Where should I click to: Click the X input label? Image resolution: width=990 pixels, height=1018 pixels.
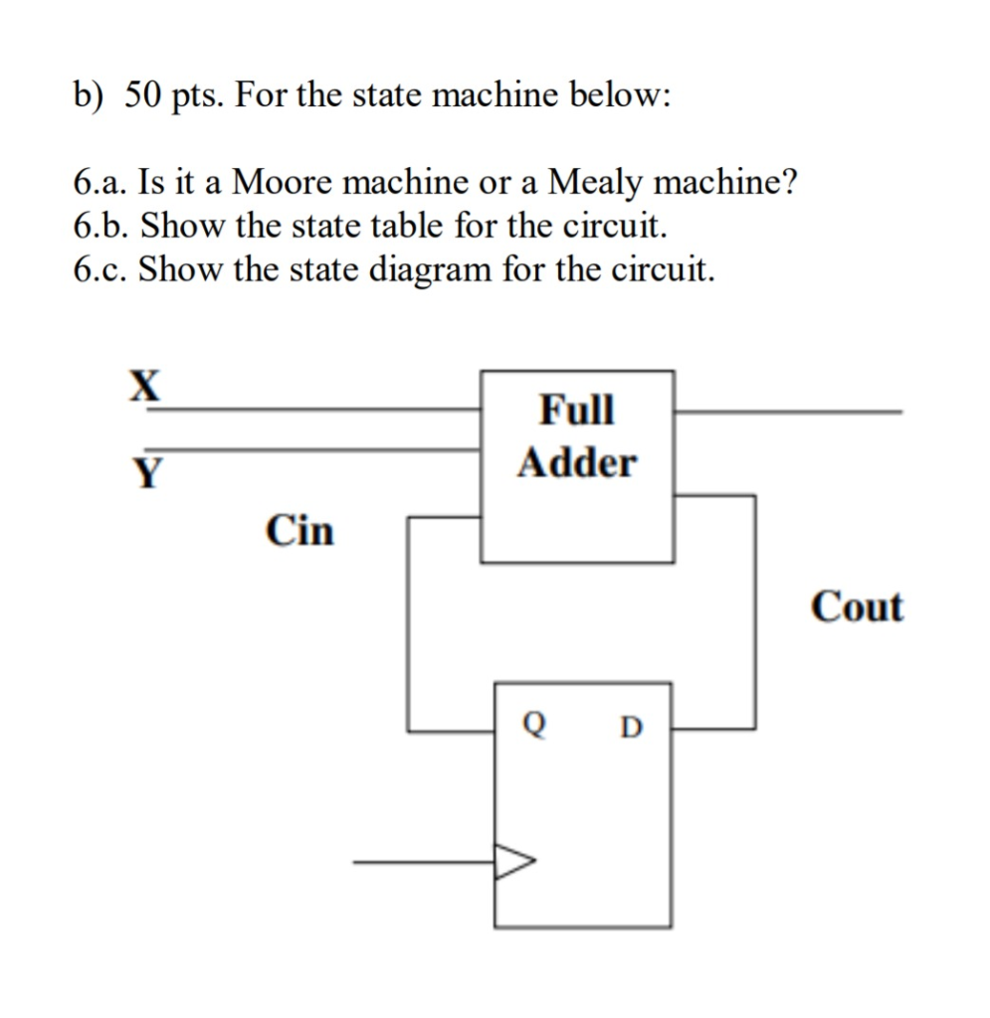click(146, 386)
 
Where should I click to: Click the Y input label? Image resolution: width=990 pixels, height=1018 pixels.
click(147, 473)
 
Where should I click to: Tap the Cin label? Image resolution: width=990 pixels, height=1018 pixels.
click(299, 530)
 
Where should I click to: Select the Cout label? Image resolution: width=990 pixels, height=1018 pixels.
click(857, 606)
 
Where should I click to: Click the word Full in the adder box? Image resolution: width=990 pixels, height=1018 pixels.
click(576, 410)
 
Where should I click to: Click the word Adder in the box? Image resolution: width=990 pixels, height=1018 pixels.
click(576, 462)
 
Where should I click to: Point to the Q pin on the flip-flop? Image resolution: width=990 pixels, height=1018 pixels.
click(535, 729)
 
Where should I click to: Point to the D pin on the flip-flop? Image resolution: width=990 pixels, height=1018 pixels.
click(631, 729)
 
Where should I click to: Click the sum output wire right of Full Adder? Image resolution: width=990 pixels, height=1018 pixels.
click(786, 410)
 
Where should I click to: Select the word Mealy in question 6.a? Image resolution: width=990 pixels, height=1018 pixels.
click(598, 183)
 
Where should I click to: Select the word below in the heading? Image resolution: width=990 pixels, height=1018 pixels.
click(619, 96)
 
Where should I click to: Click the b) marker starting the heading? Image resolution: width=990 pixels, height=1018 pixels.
click(89, 96)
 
